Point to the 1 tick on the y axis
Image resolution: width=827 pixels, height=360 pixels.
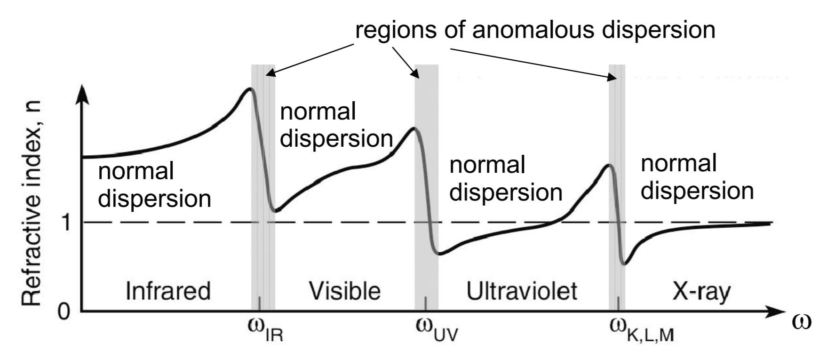[x=66, y=222]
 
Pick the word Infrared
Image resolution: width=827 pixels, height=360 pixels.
[x=168, y=291]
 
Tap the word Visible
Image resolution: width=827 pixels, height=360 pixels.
[x=344, y=291]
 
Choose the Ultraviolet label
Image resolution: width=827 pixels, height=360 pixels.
[x=522, y=291]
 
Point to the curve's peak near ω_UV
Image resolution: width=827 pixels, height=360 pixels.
[x=413, y=128]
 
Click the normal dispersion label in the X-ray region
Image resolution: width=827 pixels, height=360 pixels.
[x=697, y=178]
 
